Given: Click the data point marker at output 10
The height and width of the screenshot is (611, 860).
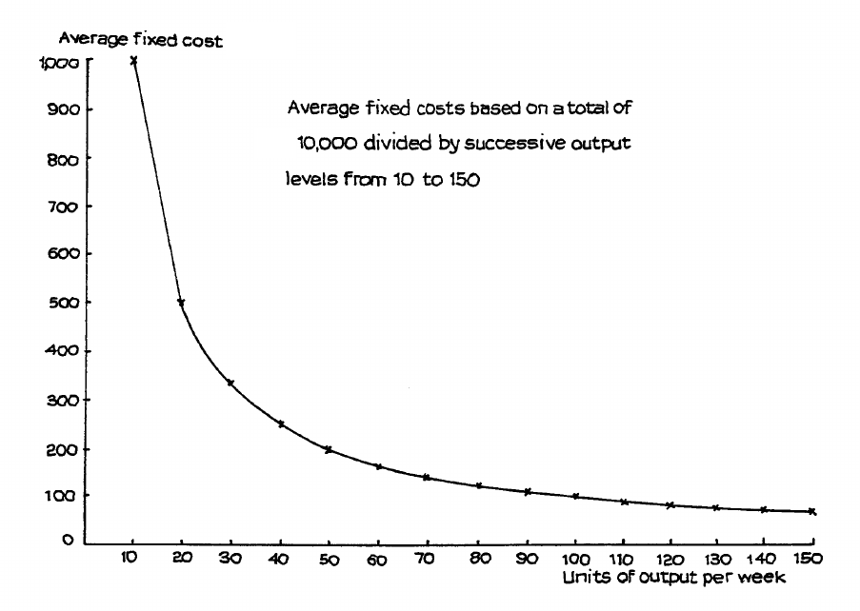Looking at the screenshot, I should (133, 60).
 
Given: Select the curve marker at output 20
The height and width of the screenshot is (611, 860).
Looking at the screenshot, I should (181, 303).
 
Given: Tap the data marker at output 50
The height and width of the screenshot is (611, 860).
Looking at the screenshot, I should (329, 449).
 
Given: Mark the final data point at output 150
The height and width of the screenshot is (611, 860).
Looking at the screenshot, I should (811, 512).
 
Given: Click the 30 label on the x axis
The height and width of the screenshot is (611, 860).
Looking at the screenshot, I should (230, 558).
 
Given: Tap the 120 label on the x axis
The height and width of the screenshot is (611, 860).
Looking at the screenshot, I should (672, 558).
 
